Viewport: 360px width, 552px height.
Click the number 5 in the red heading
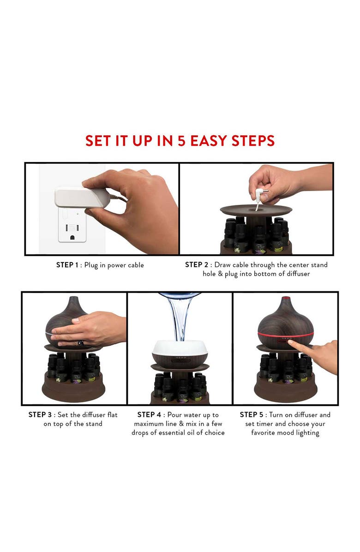(x=181, y=140)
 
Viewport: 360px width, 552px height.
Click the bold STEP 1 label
(x=67, y=265)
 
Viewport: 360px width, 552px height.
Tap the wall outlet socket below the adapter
(x=72, y=228)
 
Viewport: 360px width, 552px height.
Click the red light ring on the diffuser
(x=285, y=334)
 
